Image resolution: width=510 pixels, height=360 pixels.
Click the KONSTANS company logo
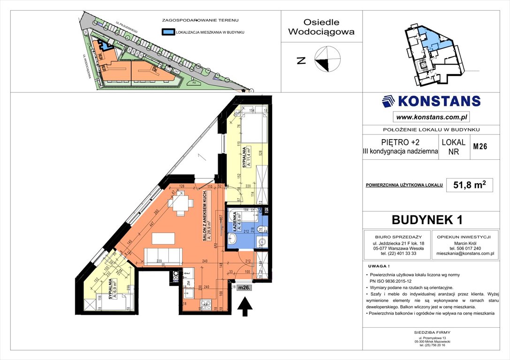click(431, 101)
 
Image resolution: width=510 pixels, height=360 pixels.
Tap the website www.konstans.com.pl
click(431, 117)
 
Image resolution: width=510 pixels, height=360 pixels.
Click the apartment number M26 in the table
click(480, 146)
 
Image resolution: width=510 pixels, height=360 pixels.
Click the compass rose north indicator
click(327, 60)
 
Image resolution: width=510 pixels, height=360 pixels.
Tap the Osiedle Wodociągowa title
click(321, 27)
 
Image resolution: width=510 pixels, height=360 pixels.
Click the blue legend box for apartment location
click(167, 32)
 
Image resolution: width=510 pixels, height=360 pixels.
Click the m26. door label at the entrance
click(244, 287)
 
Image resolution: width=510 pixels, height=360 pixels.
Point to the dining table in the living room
click(182, 204)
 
